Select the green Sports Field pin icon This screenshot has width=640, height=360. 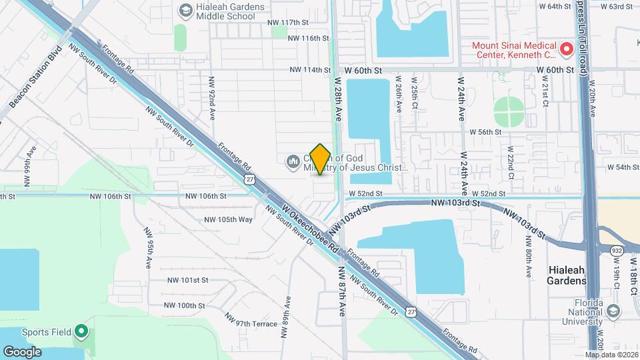point(81,331)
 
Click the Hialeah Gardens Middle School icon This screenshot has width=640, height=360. point(185,11)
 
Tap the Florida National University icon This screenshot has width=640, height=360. point(612,311)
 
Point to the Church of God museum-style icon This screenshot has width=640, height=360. point(293,162)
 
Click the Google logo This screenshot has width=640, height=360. point(21,351)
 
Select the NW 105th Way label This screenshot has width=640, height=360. point(228,219)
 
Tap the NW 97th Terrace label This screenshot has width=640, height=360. point(251,324)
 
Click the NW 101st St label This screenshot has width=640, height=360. point(187,281)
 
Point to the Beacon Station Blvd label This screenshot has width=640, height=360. point(36,77)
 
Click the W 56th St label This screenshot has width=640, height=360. point(485,132)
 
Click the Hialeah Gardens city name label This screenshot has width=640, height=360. point(567,275)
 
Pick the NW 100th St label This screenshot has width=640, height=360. point(186,305)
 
